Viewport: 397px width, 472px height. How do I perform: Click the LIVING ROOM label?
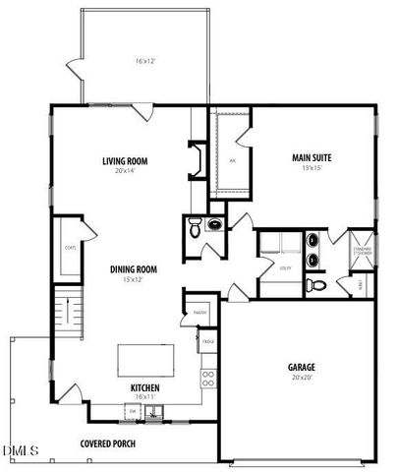[125, 161]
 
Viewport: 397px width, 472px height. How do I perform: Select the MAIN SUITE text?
[310, 157]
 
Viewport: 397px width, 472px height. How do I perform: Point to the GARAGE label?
[301, 367]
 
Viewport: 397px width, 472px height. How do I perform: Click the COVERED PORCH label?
[108, 443]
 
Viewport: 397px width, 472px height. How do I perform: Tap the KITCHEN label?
[145, 386]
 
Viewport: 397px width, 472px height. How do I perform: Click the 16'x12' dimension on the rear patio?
[146, 62]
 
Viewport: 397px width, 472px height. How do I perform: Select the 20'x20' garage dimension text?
[301, 377]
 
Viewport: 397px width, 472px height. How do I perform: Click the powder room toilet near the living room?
[196, 228]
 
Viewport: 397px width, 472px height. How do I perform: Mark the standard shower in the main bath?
[362, 250]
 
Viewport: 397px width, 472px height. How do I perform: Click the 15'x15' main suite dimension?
[310, 167]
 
